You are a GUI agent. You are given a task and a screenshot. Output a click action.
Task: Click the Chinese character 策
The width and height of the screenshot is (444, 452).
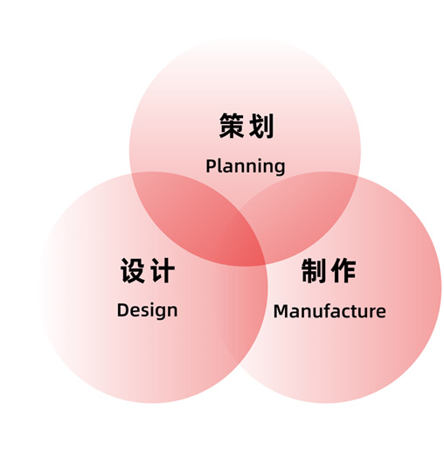(x=232, y=126)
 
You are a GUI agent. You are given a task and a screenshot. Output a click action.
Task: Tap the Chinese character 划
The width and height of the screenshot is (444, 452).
(x=261, y=126)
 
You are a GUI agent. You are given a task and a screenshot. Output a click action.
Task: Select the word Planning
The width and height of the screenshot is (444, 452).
(x=246, y=167)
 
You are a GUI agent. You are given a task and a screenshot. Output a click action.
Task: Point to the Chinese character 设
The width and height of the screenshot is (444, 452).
(x=133, y=270)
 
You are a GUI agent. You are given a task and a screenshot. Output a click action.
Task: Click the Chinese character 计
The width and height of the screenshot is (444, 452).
(x=163, y=270)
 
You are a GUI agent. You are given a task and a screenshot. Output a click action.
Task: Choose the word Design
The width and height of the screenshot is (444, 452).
(x=147, y=310)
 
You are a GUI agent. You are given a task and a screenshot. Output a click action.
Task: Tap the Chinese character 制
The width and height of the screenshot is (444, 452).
(x=314, y=270)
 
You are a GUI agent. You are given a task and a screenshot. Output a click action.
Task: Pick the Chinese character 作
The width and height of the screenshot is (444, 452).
(x=343, y=270)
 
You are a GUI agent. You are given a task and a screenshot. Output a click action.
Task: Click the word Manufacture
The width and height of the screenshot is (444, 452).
(x=330, y=311)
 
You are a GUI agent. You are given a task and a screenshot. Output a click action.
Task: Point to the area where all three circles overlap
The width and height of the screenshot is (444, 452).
(x=247, y=239)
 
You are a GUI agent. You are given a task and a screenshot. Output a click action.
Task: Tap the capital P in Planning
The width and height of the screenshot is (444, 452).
(x=211, y=166)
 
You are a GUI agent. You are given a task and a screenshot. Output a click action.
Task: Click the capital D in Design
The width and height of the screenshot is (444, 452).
(x=122, y=310)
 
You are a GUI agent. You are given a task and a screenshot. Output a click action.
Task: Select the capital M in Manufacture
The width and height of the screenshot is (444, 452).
(x=281, y=311)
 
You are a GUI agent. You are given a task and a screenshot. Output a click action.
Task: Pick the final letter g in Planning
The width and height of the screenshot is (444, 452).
(x=280, y=169)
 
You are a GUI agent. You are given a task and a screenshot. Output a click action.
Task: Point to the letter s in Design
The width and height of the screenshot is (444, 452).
(x=143, y=312)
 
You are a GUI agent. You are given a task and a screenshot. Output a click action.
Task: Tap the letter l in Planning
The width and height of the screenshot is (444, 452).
(x=219, y=166)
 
